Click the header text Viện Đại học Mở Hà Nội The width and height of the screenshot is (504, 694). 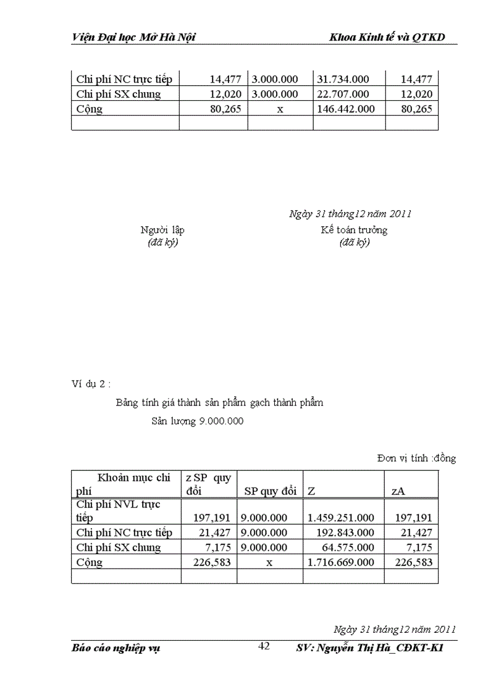pos(133,37)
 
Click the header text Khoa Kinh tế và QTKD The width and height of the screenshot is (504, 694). pos(387,37)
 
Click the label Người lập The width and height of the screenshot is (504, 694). pos(162,230)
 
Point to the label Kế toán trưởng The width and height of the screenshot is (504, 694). pos(354,230)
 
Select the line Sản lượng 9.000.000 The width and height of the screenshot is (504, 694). pos(198,421)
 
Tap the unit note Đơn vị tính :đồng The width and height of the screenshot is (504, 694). pos(416,458)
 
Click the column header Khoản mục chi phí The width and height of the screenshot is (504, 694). pos(124,484)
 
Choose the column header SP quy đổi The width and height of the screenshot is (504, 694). pos(269,491)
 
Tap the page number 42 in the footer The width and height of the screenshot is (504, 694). pos(264,646)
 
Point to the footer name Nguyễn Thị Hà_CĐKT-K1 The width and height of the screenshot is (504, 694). pos(383,648)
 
